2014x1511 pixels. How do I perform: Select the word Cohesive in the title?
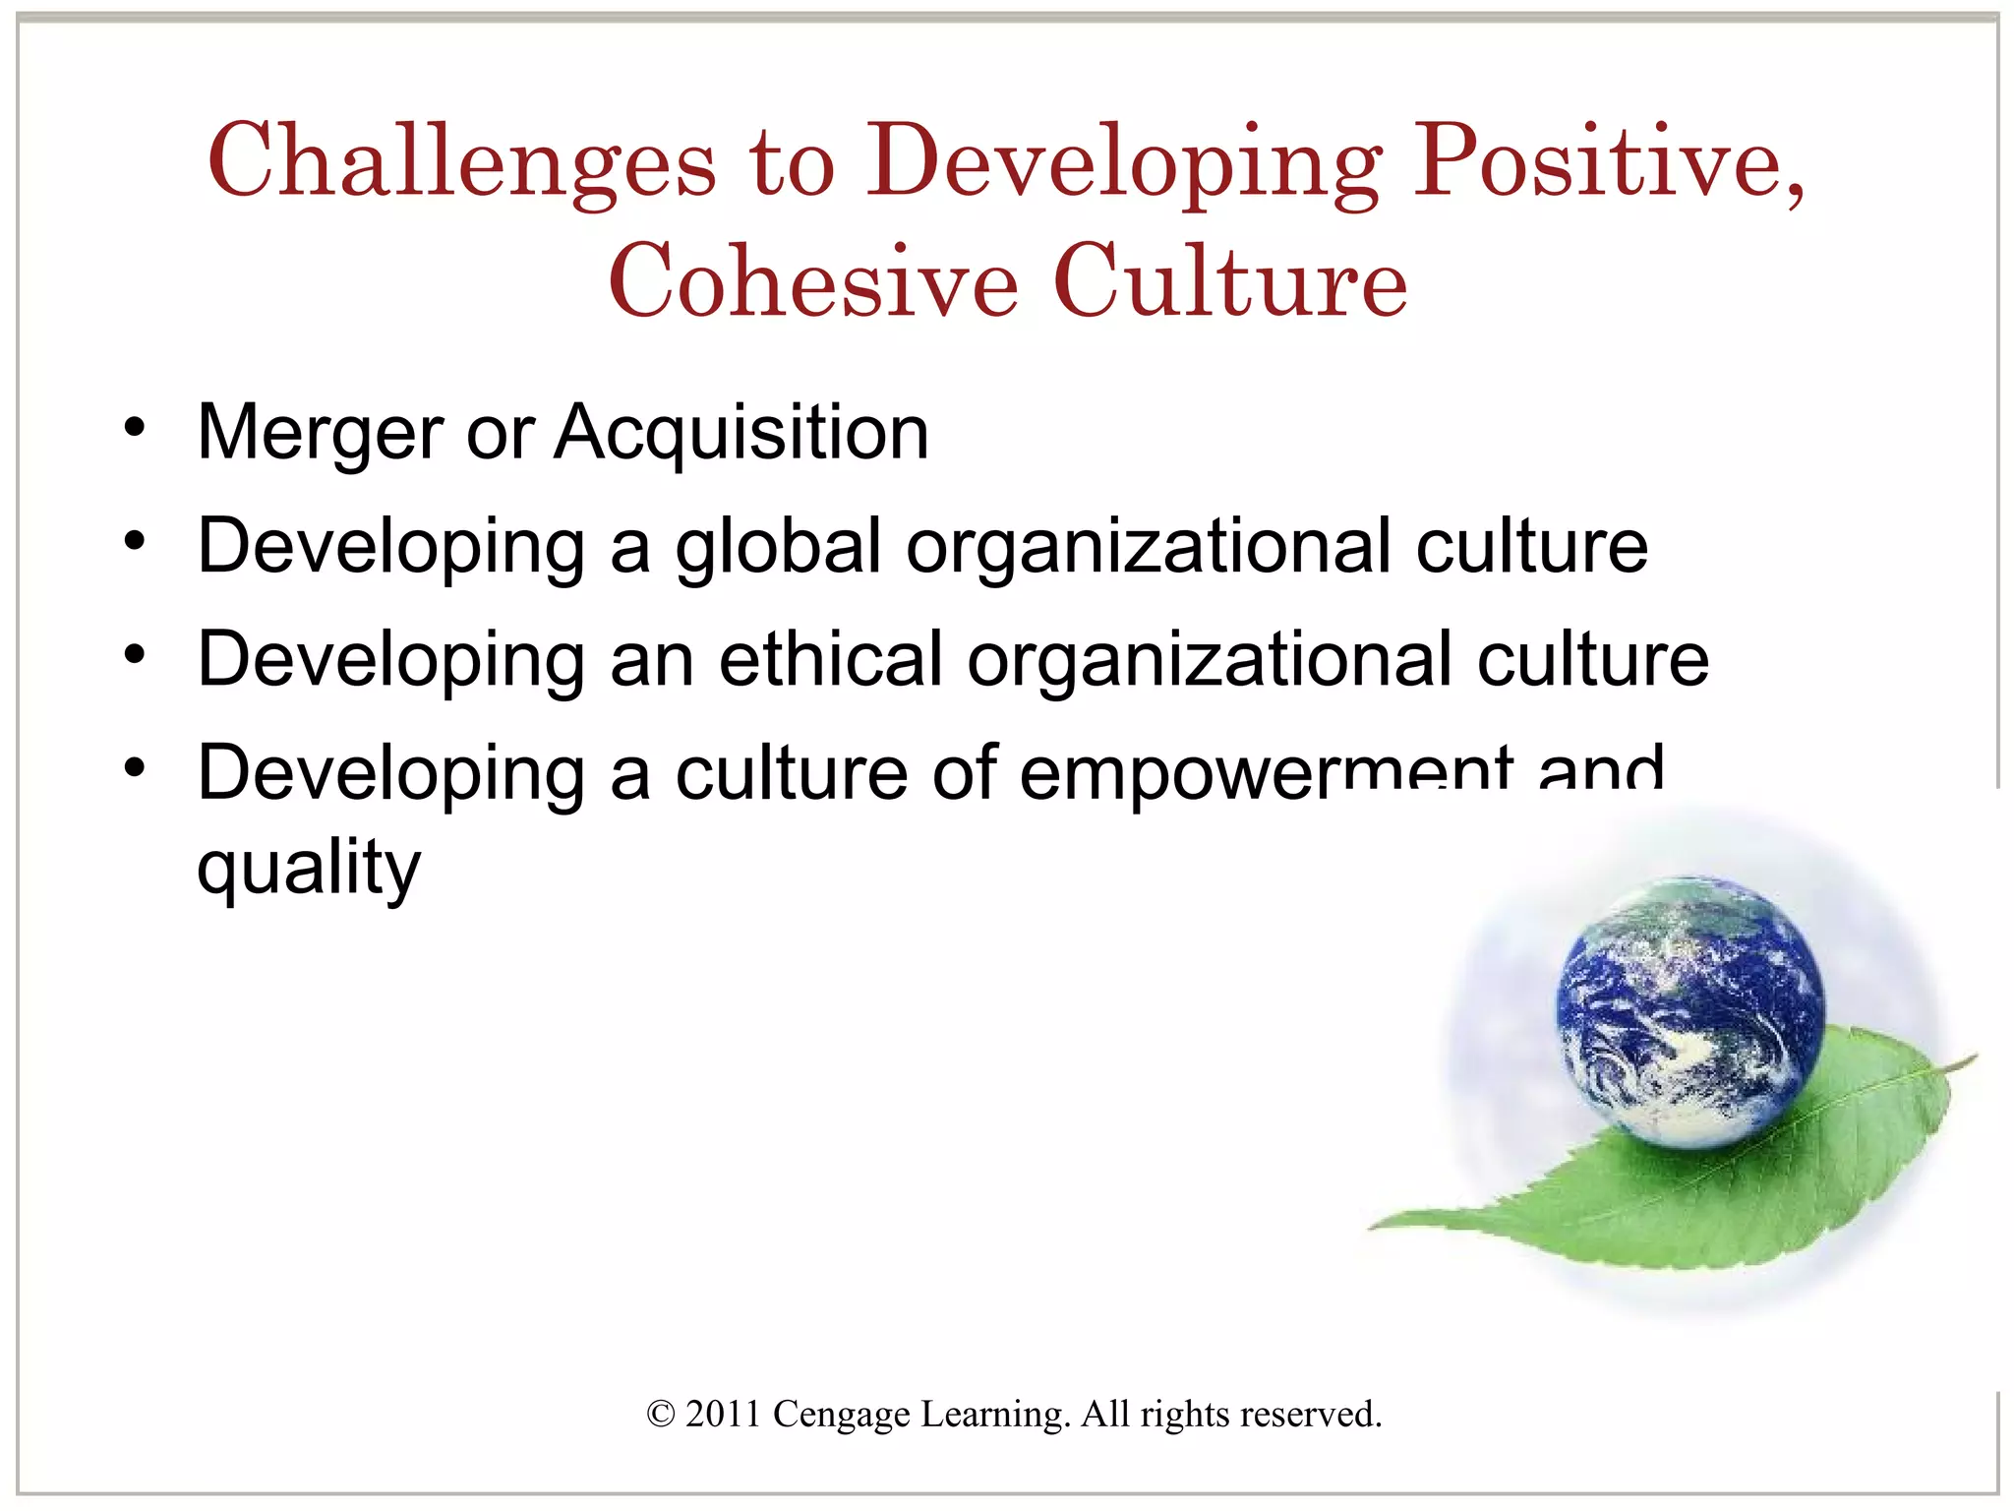pos(813,282)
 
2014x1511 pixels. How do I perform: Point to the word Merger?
pos(321,434)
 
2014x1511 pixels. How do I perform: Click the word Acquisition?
pos(741,432)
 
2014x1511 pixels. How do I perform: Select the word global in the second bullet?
pos(778,548)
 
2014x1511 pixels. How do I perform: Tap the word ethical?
pos(831,659)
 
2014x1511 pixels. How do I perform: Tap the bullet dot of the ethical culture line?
pos(135,655)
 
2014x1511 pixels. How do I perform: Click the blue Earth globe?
pos(1689,1010)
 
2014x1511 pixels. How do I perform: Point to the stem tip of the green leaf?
pos(1972,1059)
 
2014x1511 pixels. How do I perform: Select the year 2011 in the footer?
pos(723,1415)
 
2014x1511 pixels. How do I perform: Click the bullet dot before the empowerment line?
pos(135,768)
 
